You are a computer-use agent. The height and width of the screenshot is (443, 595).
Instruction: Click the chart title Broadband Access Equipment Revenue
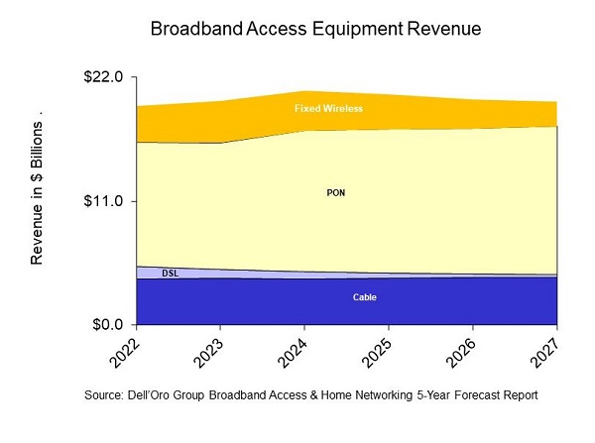tap(315, 30)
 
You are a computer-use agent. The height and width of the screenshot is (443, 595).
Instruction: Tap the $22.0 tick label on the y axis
tap(101, 77)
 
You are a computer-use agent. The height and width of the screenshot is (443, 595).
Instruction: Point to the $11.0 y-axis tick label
tap(101, 201)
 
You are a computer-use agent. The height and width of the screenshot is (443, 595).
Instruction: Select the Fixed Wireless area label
tap(328, 108)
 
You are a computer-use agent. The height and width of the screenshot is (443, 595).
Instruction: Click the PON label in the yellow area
tap(336, 192)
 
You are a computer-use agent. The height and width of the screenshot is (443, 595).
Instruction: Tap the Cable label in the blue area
tap(365, 297)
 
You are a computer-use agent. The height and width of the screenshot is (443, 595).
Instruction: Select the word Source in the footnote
tap(106, 394)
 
